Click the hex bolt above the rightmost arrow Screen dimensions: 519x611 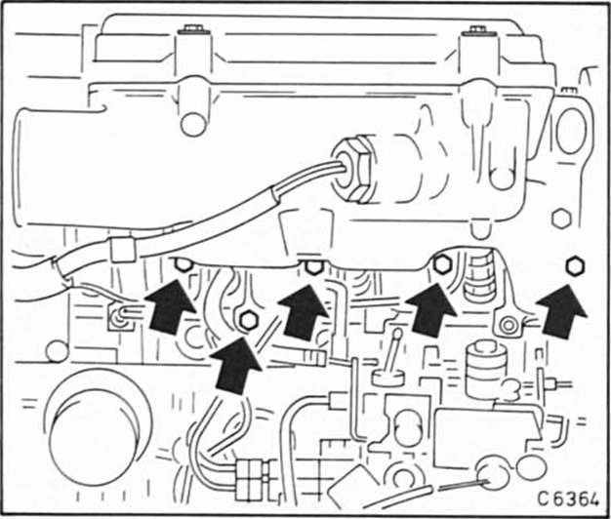[574, 264]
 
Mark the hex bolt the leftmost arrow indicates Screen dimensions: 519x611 [181, 264]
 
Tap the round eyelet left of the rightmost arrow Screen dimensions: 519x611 [507, 324]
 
